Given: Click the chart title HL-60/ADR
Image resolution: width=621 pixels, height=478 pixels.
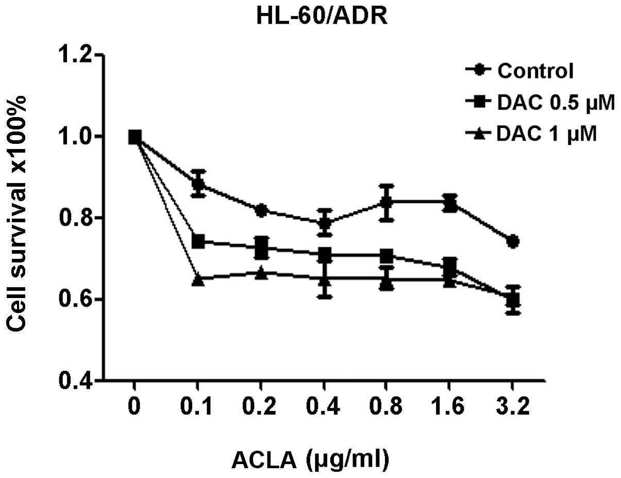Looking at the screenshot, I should pyautogui.click(x=310, y=18).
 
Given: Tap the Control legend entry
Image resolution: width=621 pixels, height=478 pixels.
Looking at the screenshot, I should pyautogui.click(x=535, y=71).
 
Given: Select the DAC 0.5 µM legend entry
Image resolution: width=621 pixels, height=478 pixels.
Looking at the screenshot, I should pyautogui.click(x=556, y=103).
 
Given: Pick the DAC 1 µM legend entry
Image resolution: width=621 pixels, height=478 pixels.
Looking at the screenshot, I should pyautogui.click(x=547, y=135).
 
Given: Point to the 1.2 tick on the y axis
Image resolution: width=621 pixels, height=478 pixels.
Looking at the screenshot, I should pyautogui.click(x=76, y=55).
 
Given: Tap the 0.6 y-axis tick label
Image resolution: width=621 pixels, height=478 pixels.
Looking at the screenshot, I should pyautogui.click(x=76, y=299).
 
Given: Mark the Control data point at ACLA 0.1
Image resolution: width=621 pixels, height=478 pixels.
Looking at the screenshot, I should pyautogui.click(x=198, y=184).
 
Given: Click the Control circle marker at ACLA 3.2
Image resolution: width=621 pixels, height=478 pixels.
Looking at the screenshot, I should pyautogui.click(x=512, y=241).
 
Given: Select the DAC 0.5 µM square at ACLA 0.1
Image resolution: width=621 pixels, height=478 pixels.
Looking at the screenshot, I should pyautogui.click(x=198, y=241).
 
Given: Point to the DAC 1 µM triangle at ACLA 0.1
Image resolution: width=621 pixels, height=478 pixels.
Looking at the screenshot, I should pyautogui.click(x=198, y=279).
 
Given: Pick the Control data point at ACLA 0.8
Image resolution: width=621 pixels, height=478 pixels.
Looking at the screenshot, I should pyautogui.click(x=387, y=201).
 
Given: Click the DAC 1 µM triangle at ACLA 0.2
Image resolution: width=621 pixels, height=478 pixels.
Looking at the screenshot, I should pyautogui.click(x=261, y=272).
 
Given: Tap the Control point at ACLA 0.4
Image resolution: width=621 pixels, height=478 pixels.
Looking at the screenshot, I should pyautogui.click(x=324, y=223).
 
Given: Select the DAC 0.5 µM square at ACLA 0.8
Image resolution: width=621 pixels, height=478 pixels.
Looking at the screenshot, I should pyautogui.click(x=387, y=255).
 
